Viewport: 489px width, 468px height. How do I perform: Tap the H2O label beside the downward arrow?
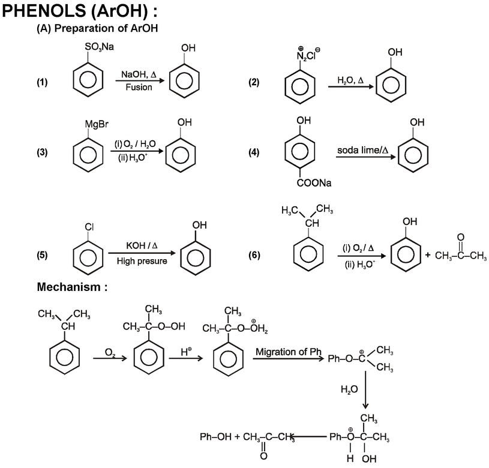coord(350,388)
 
